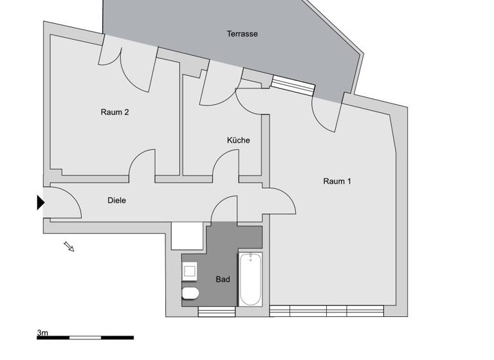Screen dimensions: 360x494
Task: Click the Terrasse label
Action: coord(242,33)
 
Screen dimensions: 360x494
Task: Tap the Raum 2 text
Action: coord(114,112)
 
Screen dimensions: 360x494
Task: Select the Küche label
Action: coord(238,140)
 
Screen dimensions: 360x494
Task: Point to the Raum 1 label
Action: coord(337,181)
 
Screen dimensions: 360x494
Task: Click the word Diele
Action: coord(116,201)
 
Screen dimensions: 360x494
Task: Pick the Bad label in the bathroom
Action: coord(223,280)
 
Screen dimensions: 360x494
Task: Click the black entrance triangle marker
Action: coord(41,203)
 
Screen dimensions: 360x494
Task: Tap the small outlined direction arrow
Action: coord(69,246)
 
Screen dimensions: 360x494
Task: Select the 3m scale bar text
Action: coord(42,332)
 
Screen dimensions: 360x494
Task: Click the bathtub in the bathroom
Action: coord(250,279)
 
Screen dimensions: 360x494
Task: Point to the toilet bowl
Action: coord(190,294)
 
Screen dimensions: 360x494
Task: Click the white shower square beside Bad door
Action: coord(187,237)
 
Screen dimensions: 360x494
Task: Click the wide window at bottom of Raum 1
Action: coord(327,311)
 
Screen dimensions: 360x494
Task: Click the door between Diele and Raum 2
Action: coord(142,163)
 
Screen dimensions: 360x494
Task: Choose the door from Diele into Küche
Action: coord(226,163)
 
